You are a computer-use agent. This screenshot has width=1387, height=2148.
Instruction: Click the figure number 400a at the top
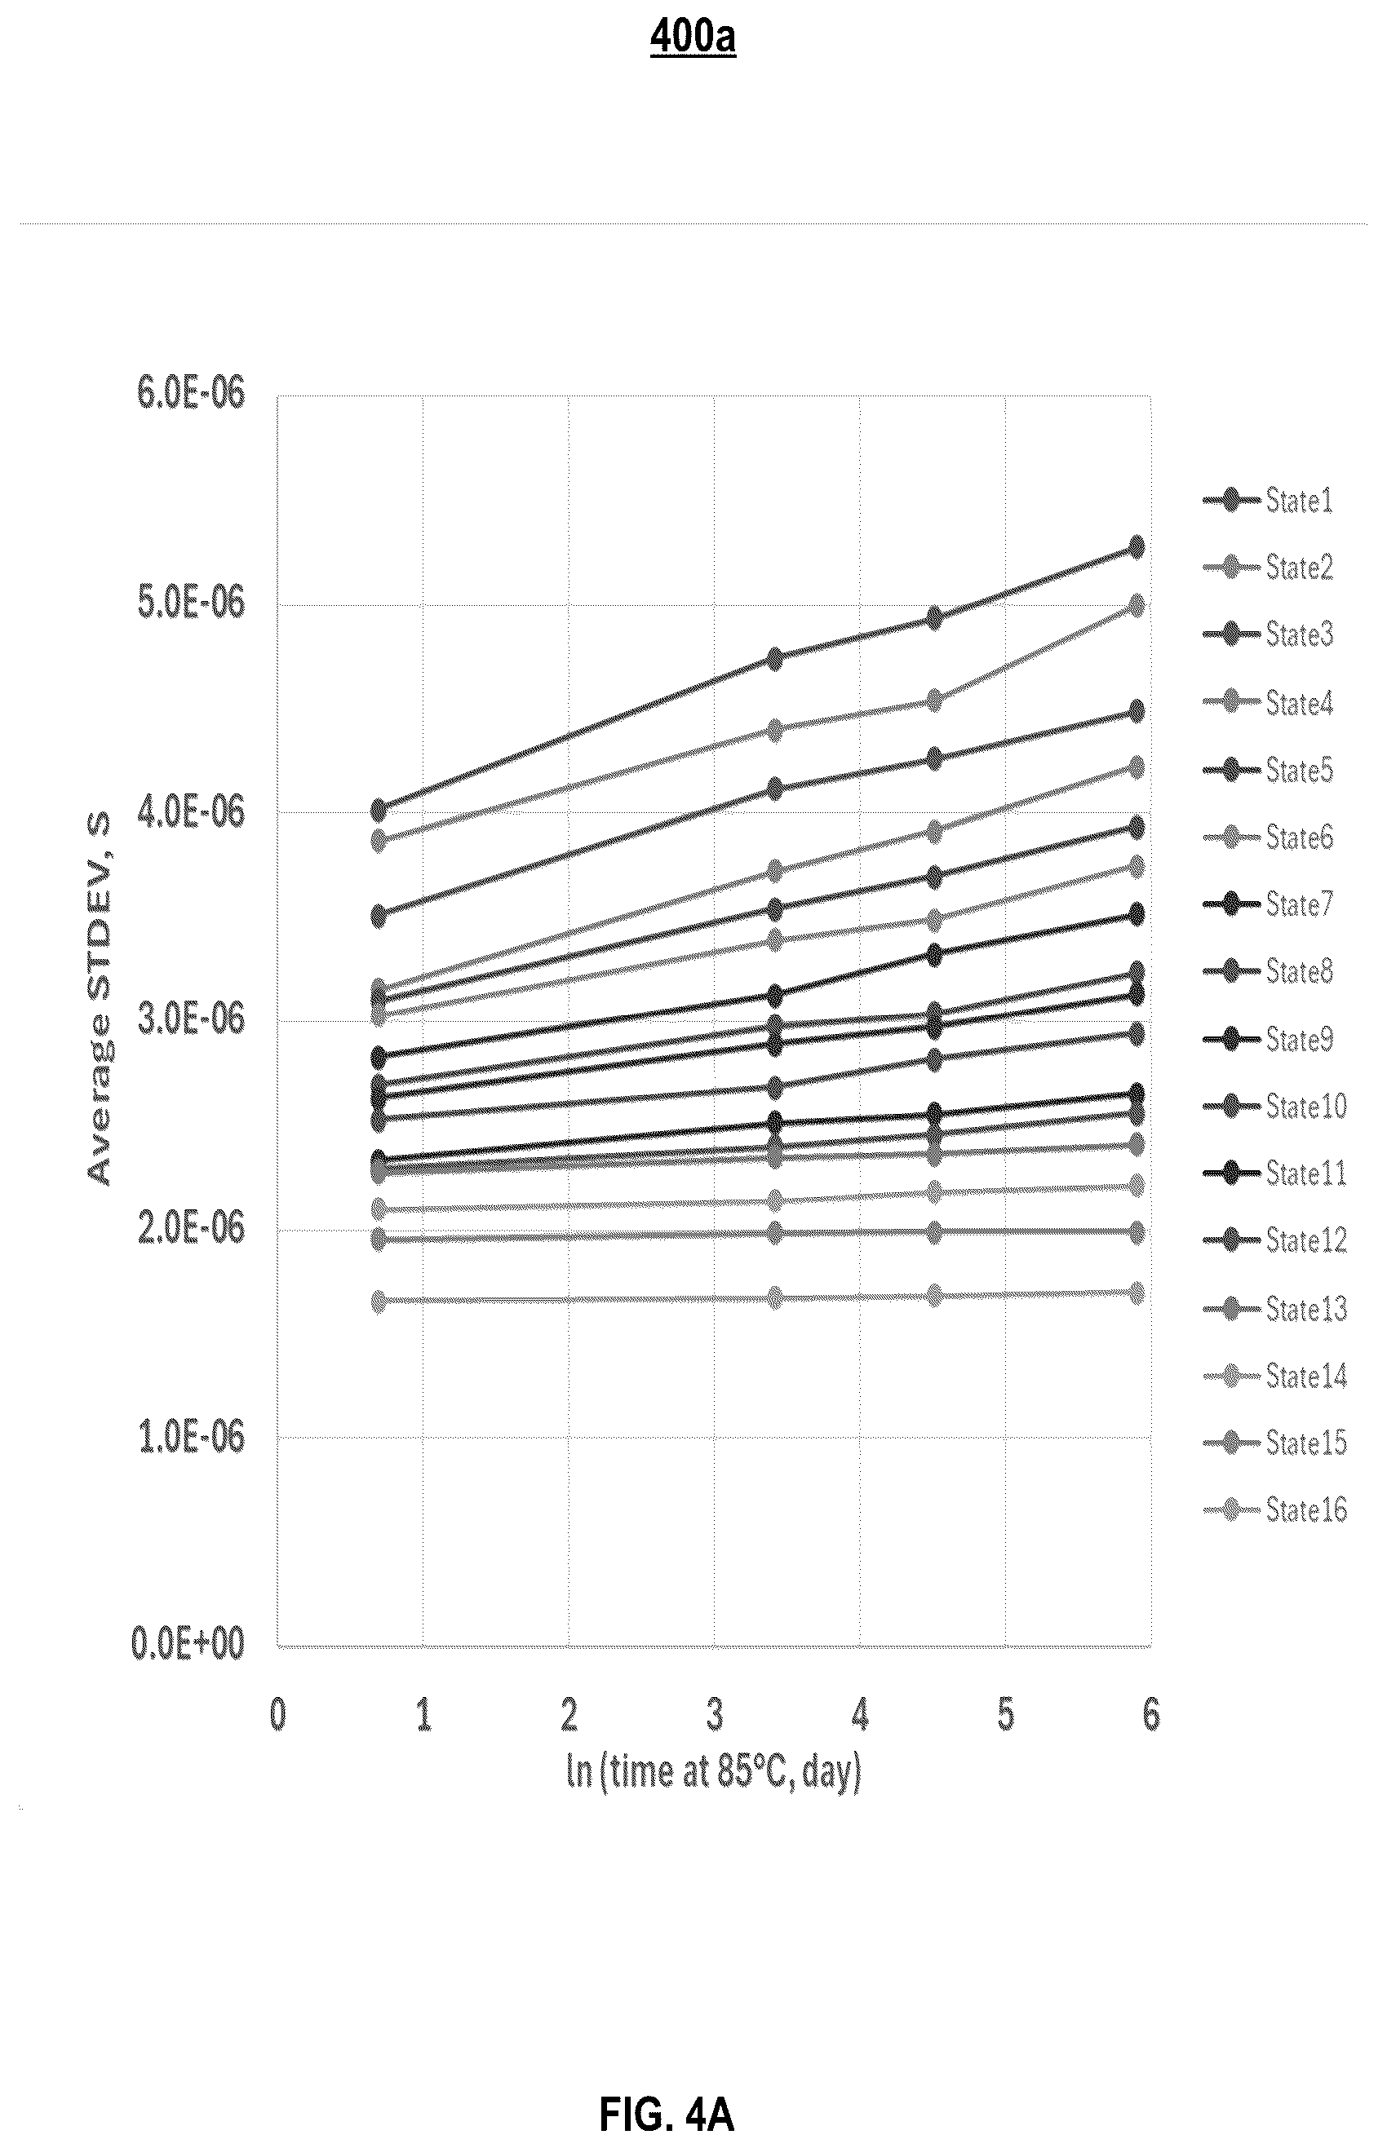(693, 38)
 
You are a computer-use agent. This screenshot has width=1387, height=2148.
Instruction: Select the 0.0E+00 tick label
(188, 1643)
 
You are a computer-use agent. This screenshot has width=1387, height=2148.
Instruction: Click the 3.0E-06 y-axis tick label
(191, 1019)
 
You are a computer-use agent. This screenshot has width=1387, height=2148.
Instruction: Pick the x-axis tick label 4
(860, 1715)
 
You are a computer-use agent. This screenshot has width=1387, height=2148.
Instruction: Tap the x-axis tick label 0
(277, 1715)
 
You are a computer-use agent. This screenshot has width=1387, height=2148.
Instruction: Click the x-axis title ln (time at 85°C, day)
(713, 1773)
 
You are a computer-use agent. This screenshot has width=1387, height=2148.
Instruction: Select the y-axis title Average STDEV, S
(99, 999)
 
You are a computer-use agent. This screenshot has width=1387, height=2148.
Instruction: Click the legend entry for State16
(1274, 1509)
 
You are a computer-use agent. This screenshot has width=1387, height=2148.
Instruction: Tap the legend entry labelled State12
(1274, 1240)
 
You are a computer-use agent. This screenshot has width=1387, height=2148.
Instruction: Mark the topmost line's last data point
(1136, 546)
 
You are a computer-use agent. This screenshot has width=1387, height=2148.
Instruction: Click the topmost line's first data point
(379, 809)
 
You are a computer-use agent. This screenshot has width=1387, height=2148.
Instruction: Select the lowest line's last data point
(1136, 1293)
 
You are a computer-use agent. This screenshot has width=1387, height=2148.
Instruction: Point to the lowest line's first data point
(379, 1301)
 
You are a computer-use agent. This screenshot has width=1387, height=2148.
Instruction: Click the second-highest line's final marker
(1136, 604)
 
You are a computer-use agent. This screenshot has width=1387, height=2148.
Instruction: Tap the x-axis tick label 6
(1151, 1715)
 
